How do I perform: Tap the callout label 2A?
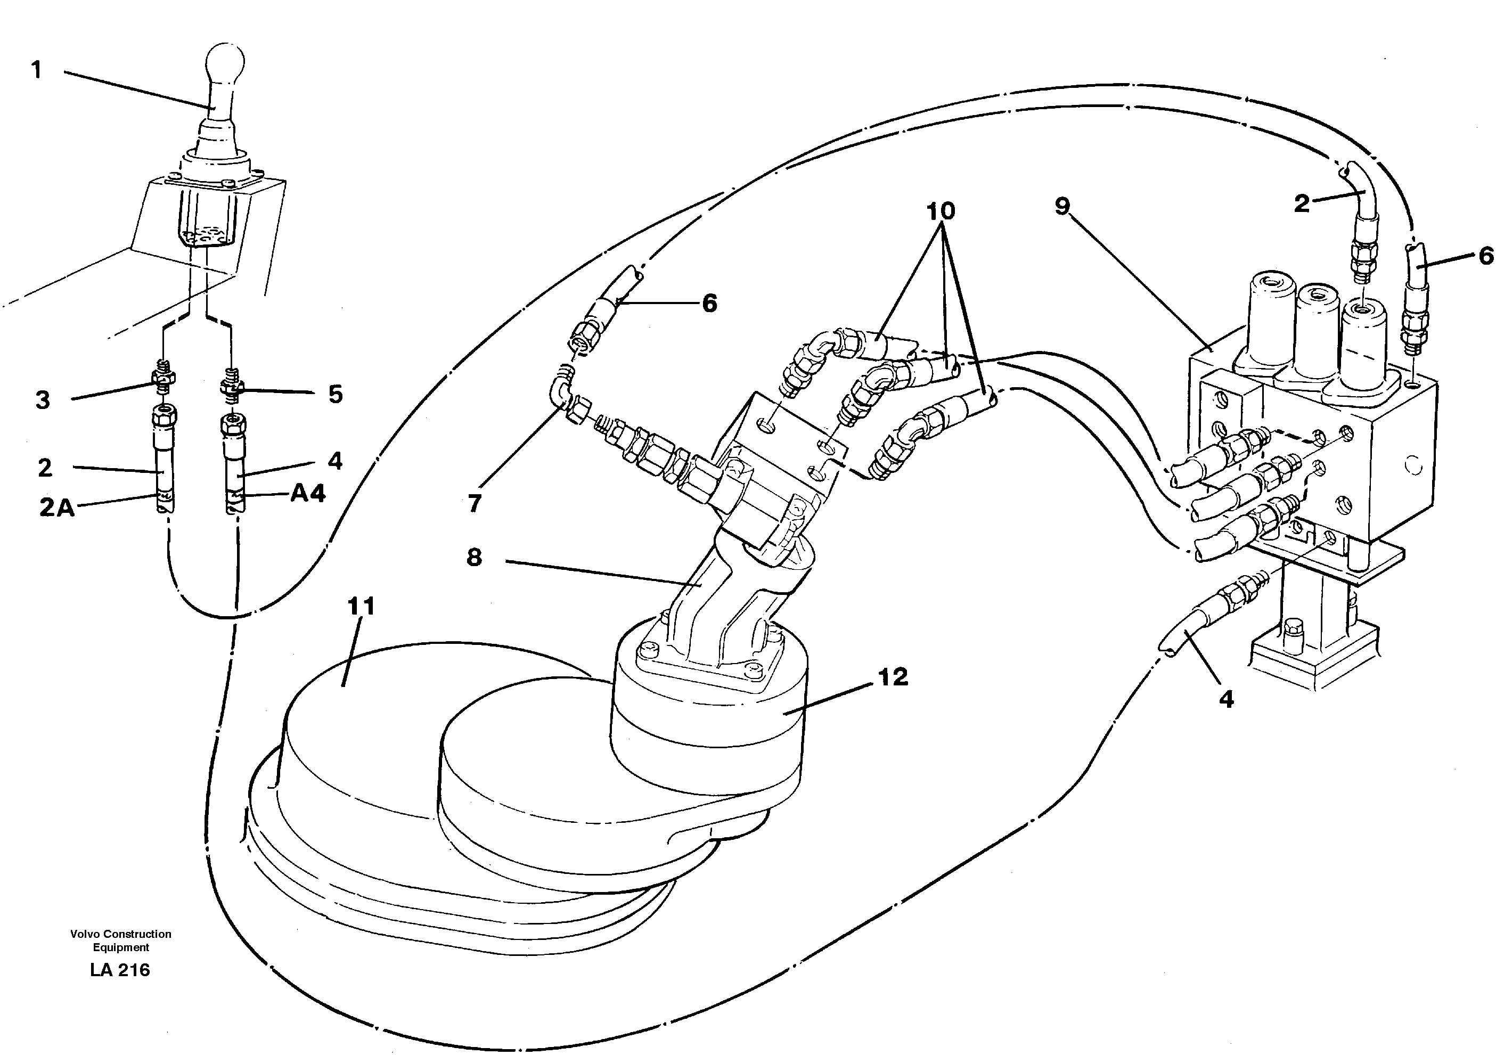click(x=57, y=508)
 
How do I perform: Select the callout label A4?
click(x=308, y=493)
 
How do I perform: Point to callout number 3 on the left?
click(x=43, y=399)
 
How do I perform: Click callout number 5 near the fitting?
click(x=336, y=394)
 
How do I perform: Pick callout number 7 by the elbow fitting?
click(x=475, y=503)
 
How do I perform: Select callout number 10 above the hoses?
click(x=941, y=211)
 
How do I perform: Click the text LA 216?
click(x=120, y=970)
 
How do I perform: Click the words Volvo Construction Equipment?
click(x=120, y=940)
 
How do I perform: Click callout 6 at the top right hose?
click(x=1486, y=256)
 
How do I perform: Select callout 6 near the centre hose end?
click(x=709, y=303)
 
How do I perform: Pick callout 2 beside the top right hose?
click(x=1302, y=203)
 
